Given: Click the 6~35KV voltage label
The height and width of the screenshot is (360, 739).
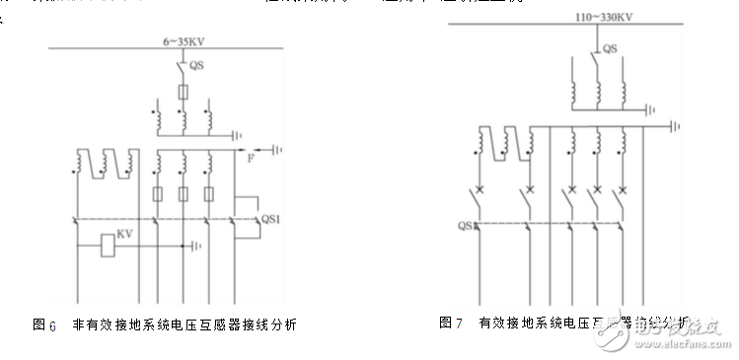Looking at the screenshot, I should (x=183, y=41).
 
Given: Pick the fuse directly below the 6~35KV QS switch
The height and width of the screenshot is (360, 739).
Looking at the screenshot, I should (x=184, y=92).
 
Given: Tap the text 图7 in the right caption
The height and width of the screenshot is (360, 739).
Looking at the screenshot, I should (x=451, y=323).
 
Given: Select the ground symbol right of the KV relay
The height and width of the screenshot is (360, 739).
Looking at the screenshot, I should (x=197, y=246).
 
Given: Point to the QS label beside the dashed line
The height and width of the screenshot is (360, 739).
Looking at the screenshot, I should (x=467, y=226).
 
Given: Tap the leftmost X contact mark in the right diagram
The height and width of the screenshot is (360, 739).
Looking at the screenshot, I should (x=481, y=188).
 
